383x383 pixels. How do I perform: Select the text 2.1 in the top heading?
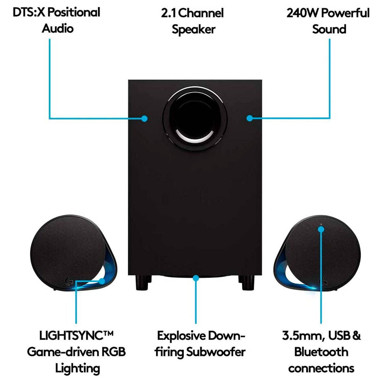(168, 13)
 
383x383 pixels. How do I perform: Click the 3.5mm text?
(299, 335)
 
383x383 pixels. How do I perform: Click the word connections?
(321, 368)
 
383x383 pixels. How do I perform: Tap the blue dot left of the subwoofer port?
(144, 118)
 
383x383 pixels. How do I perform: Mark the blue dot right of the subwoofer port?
(250, 118)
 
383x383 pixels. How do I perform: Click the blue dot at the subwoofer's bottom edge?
(195, 278)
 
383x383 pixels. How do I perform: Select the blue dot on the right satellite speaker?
(321, 229)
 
